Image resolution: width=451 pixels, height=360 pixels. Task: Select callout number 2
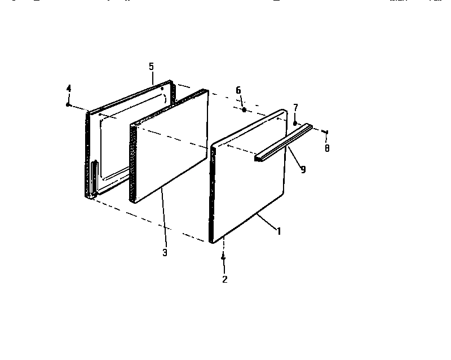pyautogui.click(x=225, y=279)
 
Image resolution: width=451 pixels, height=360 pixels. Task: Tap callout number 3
pyautogui.click(x=165, y=252)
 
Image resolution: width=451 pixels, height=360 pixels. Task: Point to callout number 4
pyautogui.click(x=69, y=88)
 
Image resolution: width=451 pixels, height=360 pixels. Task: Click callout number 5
pyautogui.click(x=151, y=67)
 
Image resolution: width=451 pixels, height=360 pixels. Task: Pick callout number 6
pyautogui.click(x=238, y=90)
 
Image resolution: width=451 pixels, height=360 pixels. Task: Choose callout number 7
pyautogui.click(x=295, y=107)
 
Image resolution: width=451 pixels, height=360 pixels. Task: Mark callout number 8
pyautogui.click(x=327, y=148)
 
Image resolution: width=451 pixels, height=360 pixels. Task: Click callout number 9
pyautogui.click(x=303, y=169)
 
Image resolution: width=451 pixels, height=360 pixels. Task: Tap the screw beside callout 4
pyautogui.click(x=68, y=104)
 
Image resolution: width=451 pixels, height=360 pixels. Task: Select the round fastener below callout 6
pyautogui.click(x=244, y=109)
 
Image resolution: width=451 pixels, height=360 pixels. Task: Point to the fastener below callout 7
pyautogui.click(x=295, y=122)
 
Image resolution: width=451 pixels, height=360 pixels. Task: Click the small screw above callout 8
pyautogui.click(x=326, y=133)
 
